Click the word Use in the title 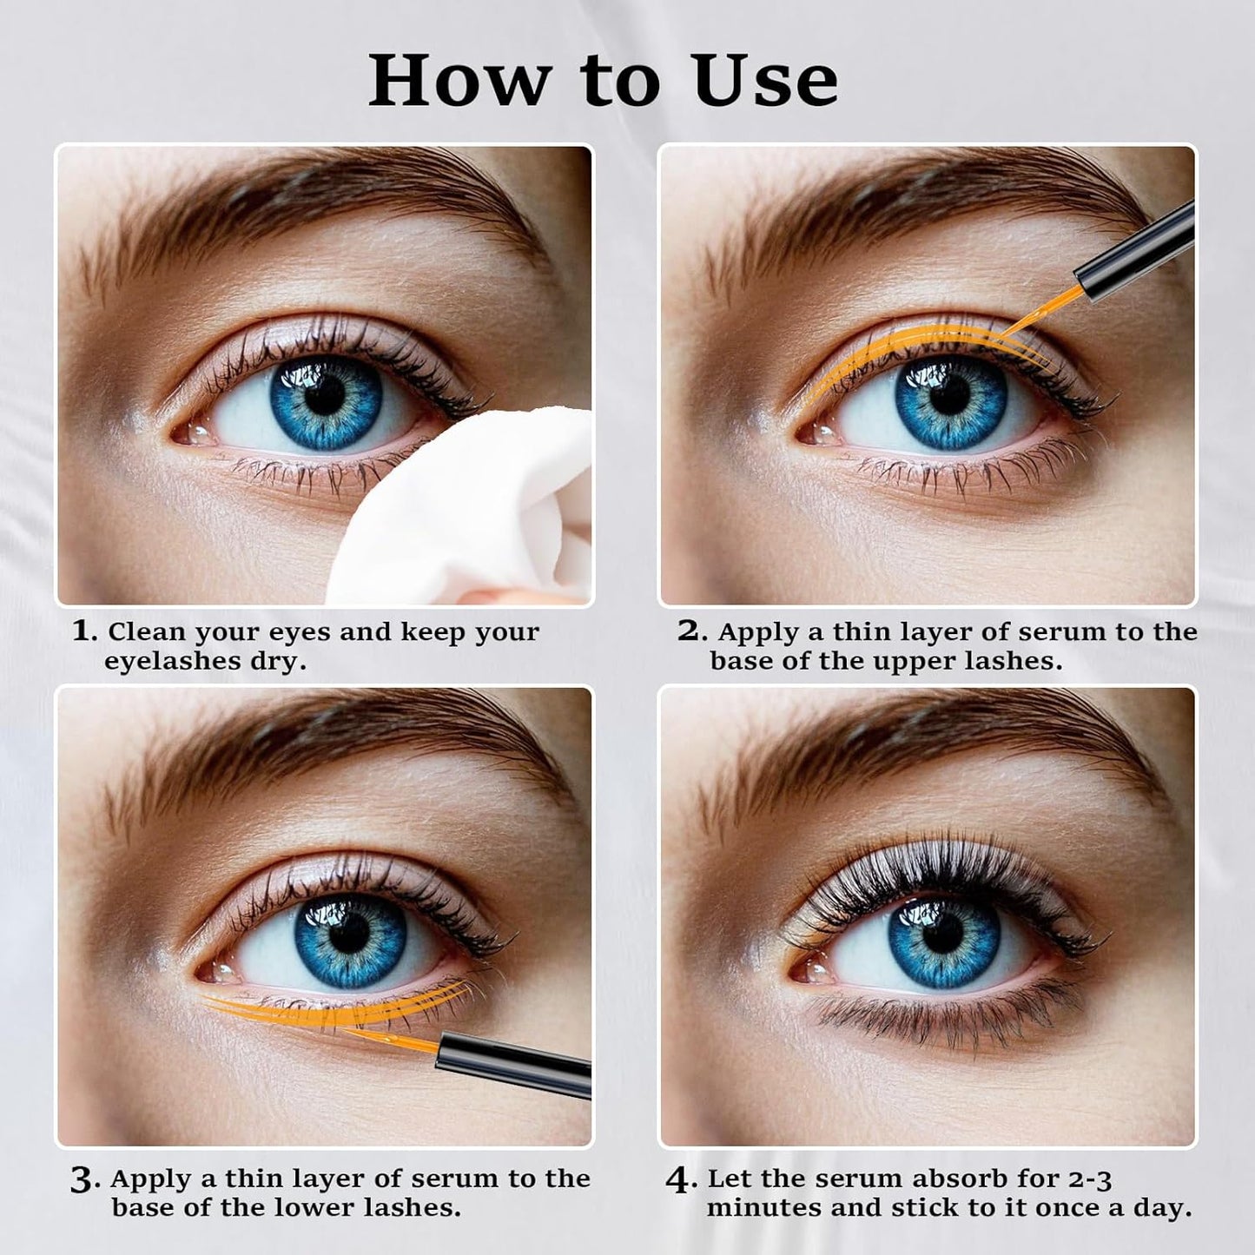[766, 81]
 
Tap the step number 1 [83, 631]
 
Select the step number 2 [690, 631]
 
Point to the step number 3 [83, 1180]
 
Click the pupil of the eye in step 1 [325, 395]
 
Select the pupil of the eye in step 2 [948, 397]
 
